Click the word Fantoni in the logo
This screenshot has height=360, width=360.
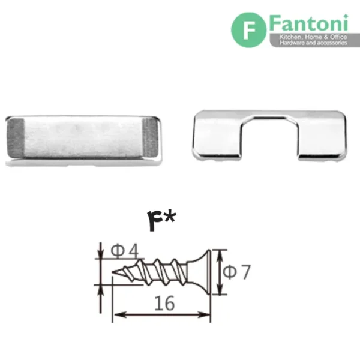point(309,23)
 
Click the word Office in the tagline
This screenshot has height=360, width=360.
point(338,37)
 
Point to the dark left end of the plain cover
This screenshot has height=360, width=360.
point(16,138)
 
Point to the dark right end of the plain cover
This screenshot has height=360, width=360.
point(151,137)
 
